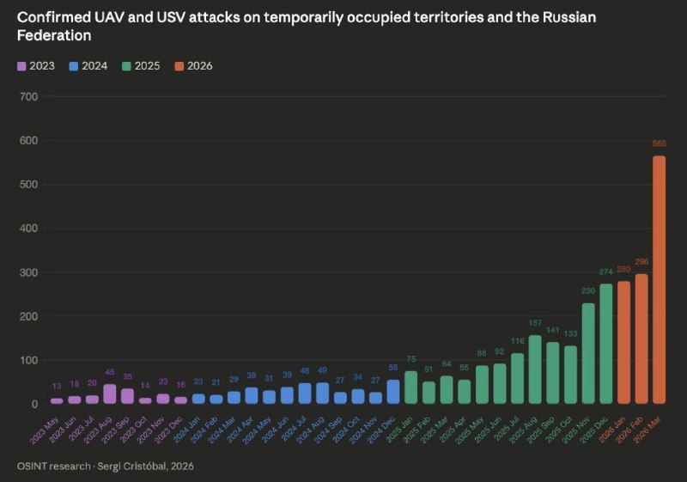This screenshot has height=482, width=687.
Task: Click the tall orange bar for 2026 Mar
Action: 659,279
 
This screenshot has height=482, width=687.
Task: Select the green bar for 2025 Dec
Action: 606,344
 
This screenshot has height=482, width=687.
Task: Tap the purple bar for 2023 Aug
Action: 110,394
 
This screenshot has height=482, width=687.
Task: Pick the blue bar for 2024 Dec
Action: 393,392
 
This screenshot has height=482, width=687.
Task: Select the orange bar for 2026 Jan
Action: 623,342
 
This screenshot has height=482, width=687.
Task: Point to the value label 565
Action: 659,143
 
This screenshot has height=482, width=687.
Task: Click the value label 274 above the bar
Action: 606,272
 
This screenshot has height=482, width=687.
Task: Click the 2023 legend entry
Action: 35,66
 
